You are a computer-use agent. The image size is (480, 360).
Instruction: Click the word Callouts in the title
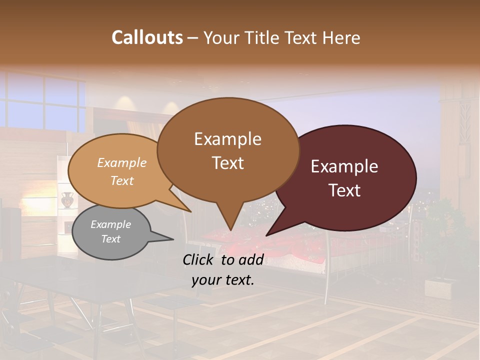coord(147,37)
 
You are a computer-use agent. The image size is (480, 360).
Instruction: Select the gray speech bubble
coord(111,232)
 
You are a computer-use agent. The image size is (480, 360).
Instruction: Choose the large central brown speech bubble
coord(228,150)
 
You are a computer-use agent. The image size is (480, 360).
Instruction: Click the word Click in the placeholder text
coord(200,259)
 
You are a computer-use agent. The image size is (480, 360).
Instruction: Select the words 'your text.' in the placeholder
coord(223,280)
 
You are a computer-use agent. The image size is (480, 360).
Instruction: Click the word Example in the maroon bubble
coord(344,166)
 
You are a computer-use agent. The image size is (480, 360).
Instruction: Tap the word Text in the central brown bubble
coord(228,163)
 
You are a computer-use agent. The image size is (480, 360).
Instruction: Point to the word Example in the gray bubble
coord(111,224)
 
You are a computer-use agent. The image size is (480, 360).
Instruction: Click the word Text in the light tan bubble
coord(122,180)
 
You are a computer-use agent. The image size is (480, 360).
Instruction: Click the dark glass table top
coord(75,280)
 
